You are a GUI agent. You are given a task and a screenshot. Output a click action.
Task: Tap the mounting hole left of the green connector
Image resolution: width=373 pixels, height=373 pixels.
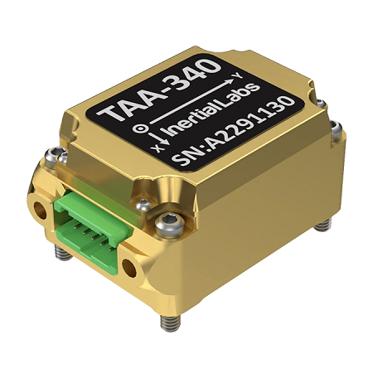pyautogui.click(x=37, y=202)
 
